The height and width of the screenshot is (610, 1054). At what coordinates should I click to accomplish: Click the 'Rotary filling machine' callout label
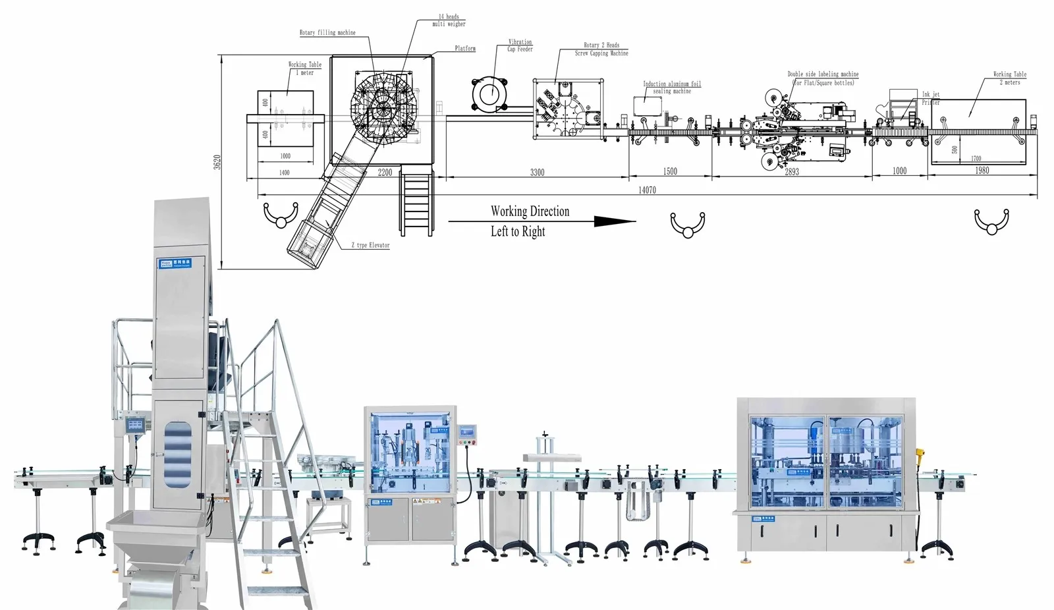pyautogui.click(x=327, y=32)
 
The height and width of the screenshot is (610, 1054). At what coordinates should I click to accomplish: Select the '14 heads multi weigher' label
pyautogui.click(x=449, y=20)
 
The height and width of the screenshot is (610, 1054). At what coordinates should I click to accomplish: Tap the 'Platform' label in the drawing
pyautogui.click(x=465, y=49)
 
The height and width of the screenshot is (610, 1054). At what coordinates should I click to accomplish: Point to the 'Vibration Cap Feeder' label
pyautogui.click(x=520, y=45)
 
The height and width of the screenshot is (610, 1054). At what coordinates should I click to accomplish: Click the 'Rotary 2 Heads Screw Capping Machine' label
pyautogui.click(x=601, y=49)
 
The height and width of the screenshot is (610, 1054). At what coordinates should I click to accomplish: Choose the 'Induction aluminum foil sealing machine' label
pyautogui.click(x=672, y=88)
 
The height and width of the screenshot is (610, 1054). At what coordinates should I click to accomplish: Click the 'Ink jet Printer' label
pyautogui.click(x=931, y=98)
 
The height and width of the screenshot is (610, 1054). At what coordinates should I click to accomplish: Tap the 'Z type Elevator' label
pyautogui.click(x=370, y=245)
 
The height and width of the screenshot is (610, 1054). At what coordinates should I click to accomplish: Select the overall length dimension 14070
pyautogui.click(x=647, y=190)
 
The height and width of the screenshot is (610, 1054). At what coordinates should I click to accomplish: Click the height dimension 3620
pyautogui.click(x=217, y=163)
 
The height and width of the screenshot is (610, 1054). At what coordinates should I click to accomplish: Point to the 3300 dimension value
pyautogui.click(x=538, y=173)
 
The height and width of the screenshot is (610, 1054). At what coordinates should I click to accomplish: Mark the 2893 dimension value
pyautogui.click(x=792, y=172)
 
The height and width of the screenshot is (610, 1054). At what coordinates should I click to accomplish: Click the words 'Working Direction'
pyautogui.click(x=530, y=211)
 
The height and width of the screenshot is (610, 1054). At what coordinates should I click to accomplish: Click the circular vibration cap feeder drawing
pyautogui.click(x=489, y=94)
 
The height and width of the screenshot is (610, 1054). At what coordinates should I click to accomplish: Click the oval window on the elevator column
pyautogui.click(x=178, y=455)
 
